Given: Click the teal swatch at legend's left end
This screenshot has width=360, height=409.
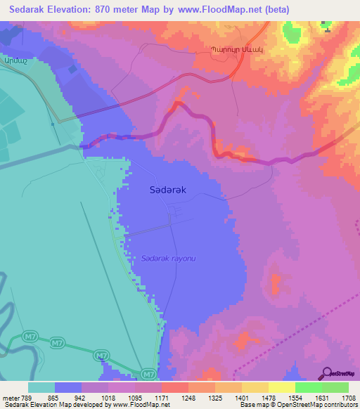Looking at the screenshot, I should pos(41,387).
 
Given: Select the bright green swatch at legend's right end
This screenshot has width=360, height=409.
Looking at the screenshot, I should pos(335,387).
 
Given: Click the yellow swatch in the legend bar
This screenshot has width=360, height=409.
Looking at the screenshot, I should pos(282,387).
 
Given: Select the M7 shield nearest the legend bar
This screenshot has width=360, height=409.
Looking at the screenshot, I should pos(147,375).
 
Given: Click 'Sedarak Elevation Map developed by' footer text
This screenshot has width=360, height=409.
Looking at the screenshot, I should pos(48,405).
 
